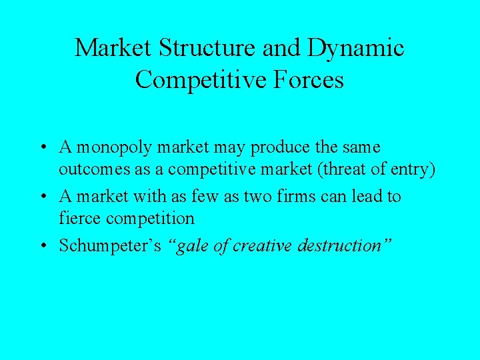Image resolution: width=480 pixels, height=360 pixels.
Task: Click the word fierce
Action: (x=77, y=219)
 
